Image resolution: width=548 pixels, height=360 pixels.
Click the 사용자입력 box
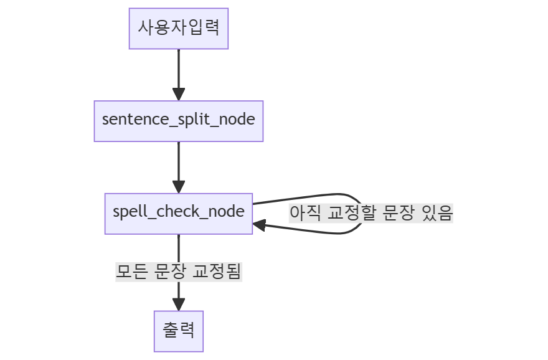pyautogui.click(x=179, y=28)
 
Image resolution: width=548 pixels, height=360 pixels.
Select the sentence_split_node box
pyautogui.click(x=179, y=121)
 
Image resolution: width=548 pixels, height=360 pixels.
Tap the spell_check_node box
pyautogui.click(x=179, y=213)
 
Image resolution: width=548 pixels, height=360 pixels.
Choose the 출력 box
pyautogui.click(x=179, y=331)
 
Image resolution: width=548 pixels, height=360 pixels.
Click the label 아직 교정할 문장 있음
pyautogui.click(x=371, y=213)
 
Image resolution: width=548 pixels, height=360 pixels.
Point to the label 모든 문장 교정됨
pyautogui.click(x=179, y=272)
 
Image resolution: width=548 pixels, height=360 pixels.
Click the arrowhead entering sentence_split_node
pyautogui.click(x=179, y=94)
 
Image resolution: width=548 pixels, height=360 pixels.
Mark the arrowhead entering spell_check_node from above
pyautogui.click(x=179, y=186)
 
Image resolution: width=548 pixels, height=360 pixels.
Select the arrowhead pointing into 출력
pyautogui.click(x=179, y=304)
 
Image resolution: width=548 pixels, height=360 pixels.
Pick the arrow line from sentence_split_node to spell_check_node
pyautogui.click(x=179, y=161)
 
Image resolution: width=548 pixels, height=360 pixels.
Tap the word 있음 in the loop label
pyautogui.click(x=437, y=213)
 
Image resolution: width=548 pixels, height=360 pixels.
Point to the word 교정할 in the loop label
pyautogui.click(x=351, y=213)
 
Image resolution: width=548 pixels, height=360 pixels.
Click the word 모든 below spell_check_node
pyautogui.click(x=132, y=272)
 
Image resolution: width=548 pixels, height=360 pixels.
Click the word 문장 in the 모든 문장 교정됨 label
pyautogui.click(x=171, y=272)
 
